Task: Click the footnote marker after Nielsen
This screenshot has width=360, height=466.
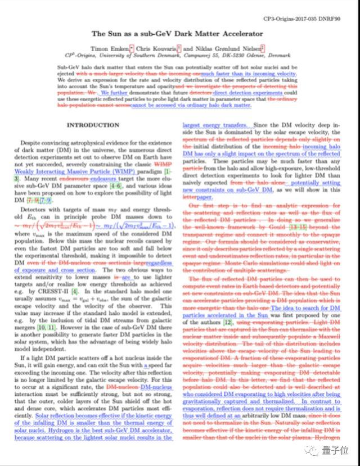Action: (263, 48)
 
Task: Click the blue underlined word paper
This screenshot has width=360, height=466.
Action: (204, 197)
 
